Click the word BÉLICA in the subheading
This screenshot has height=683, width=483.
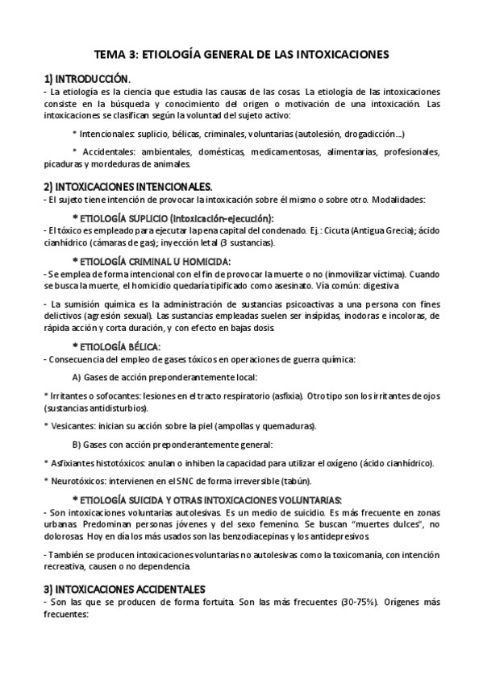pyautogui.click(x=150, y=346)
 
